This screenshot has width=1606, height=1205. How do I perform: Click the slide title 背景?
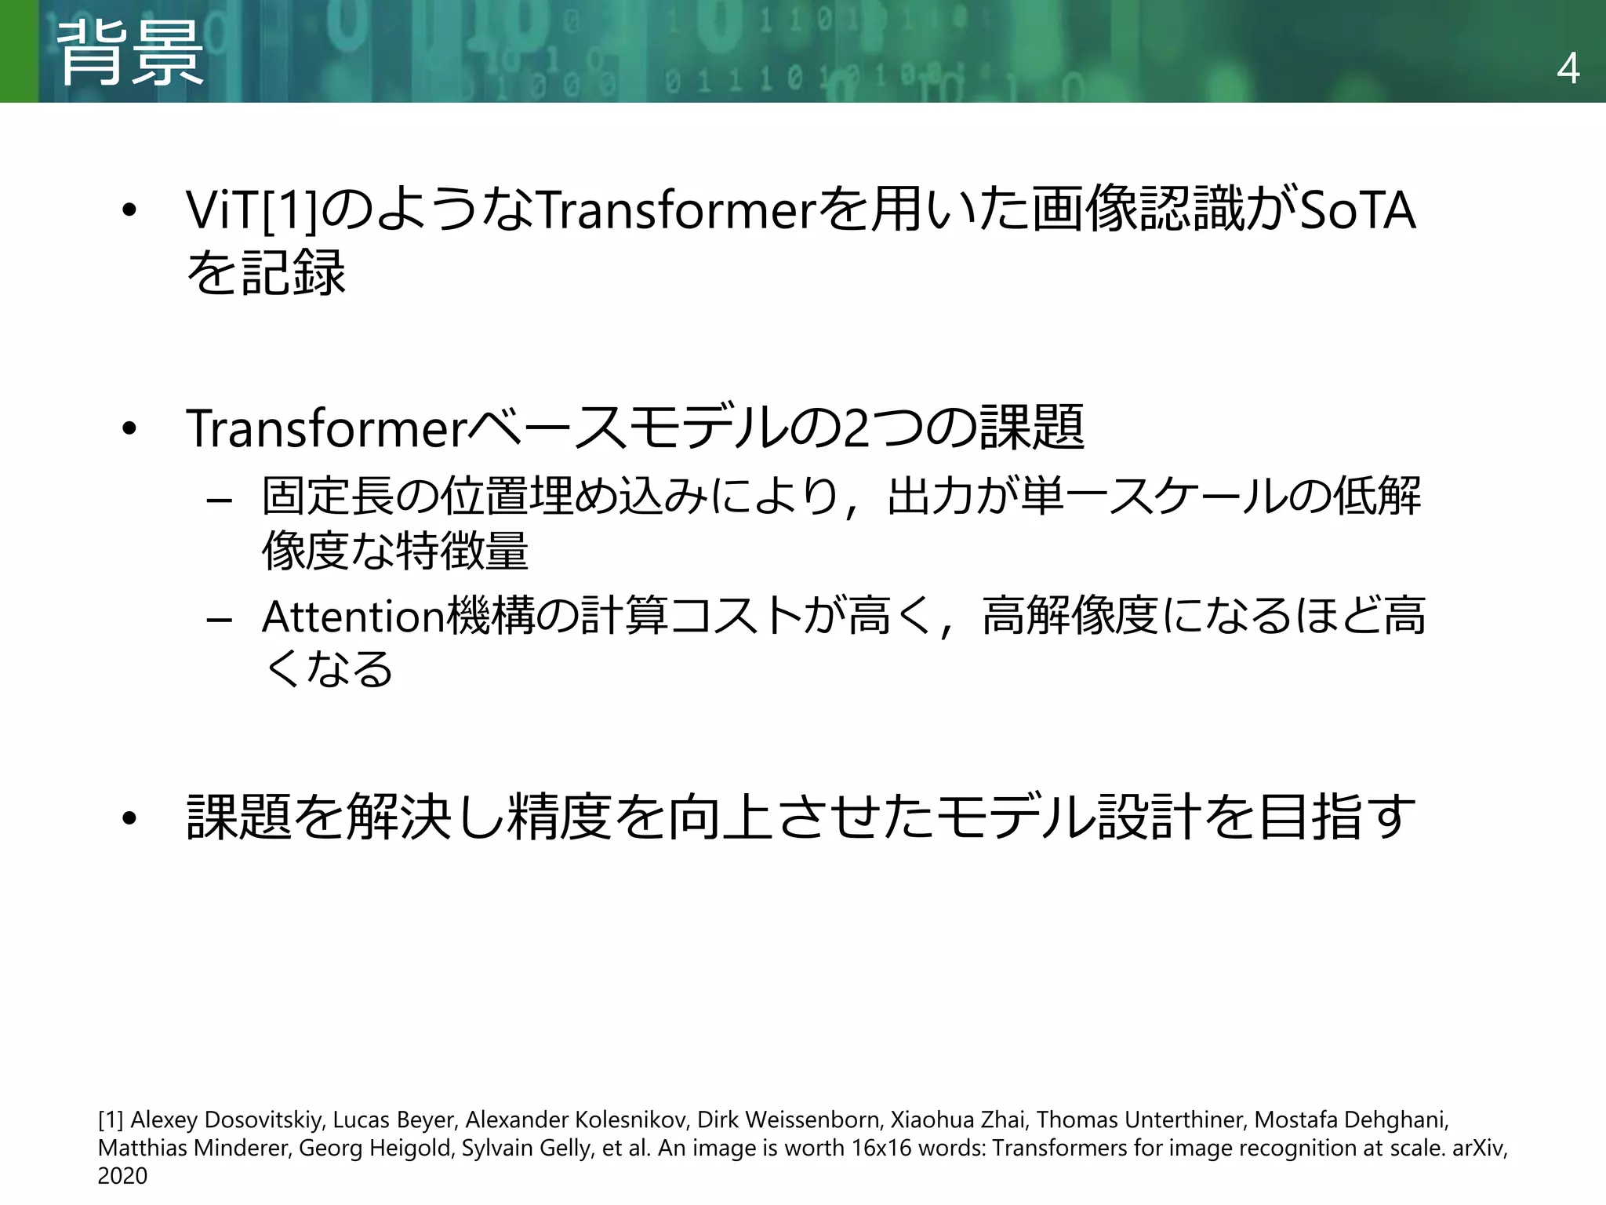click(130, 53)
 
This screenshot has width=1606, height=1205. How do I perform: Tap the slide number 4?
click(1568, 70)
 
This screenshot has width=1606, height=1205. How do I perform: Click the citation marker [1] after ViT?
click(289, 210)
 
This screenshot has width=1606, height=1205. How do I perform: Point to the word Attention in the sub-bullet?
click(353, 617)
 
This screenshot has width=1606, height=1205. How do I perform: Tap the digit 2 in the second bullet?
click(856, 428)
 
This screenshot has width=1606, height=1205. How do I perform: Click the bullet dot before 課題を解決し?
click(129, 819)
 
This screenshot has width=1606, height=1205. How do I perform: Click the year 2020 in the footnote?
click(122, 1176)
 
